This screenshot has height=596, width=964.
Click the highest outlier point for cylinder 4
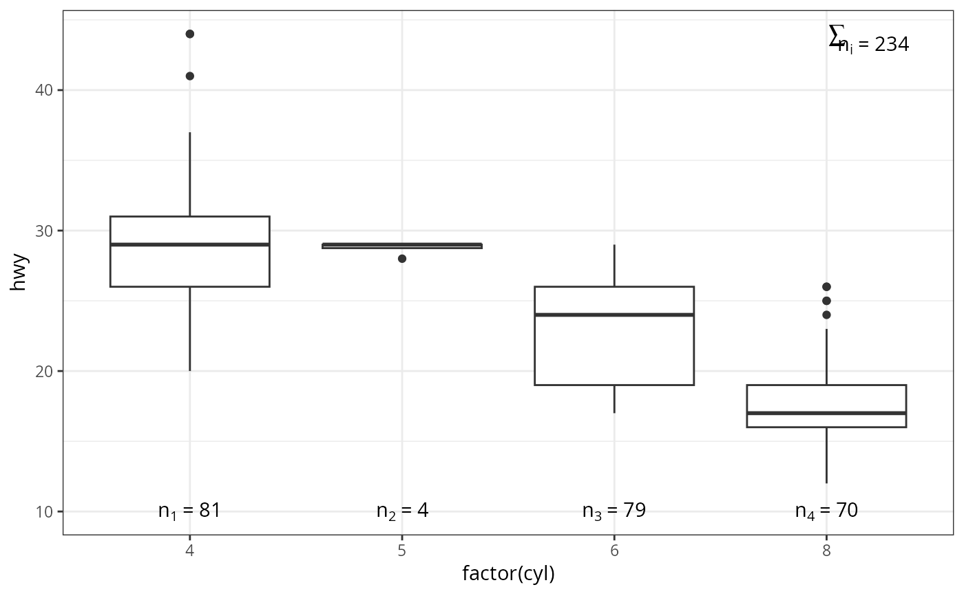coord(189,34)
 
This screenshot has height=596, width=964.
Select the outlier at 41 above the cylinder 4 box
coord(189,76)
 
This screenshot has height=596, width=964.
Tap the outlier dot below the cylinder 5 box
coord(402,259)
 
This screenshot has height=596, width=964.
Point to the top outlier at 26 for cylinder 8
coord(826,286)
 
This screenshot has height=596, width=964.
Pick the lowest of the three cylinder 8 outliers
coord(826,315)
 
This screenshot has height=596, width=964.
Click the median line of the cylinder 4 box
coord(189,244)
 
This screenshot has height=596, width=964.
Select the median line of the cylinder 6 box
coord(614,315)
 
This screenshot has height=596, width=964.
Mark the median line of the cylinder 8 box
coord(826,413)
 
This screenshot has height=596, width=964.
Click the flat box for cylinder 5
coord(402,246)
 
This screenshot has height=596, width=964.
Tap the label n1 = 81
coord(189,511)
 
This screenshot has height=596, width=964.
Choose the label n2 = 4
coord(402,511)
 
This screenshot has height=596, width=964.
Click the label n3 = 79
coord(614,511)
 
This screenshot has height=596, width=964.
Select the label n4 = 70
coord(826,511)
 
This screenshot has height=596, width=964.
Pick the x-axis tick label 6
coord(614,551)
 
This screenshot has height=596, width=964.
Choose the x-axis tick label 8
coord(826,551)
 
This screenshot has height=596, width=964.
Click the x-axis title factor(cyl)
coord(508,573)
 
